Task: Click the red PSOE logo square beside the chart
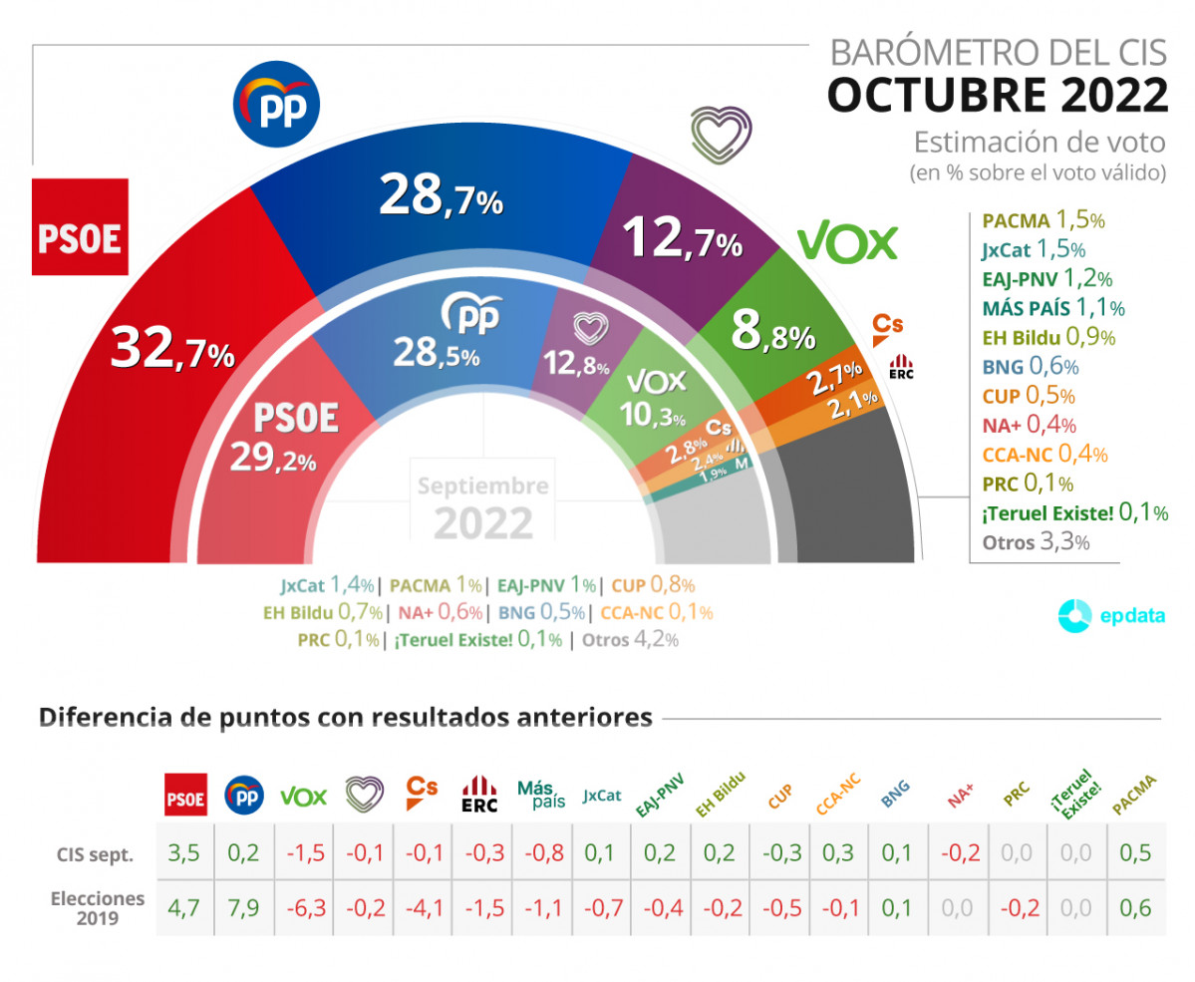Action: [x=80, y=227]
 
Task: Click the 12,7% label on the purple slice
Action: [x=682, y=237]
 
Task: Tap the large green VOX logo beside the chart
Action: [x=847, y=241]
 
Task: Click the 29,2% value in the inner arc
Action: [x=272, y=459]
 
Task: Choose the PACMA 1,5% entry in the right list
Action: [x=1043, y=221]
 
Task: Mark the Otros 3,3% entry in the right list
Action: [x=1036, y=542]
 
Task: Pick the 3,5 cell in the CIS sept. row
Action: [x=185, y=853]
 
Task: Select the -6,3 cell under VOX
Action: [x=304, y=907]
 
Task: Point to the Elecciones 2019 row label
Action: [x=97, y=907]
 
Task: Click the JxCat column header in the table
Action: [x=602, y=796]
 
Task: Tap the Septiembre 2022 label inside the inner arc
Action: [x=482, y=506]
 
